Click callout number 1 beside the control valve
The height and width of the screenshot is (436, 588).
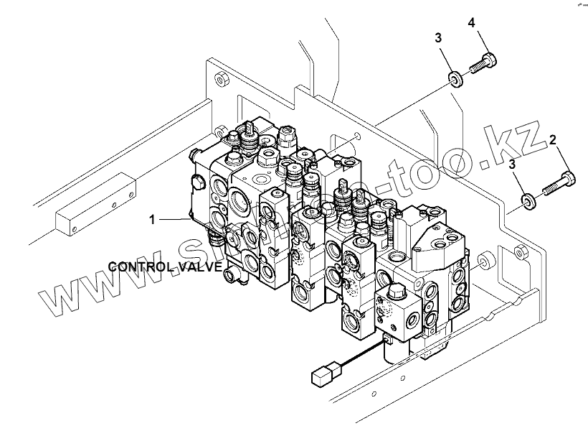[x=152, y=219]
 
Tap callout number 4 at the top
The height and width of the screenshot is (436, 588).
[x=471, y=24]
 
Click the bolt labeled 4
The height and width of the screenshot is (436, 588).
[x=481, y=64]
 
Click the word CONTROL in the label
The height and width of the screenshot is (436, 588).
[x=137, y=266]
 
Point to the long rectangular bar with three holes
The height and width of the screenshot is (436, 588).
[x=95, y=203]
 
